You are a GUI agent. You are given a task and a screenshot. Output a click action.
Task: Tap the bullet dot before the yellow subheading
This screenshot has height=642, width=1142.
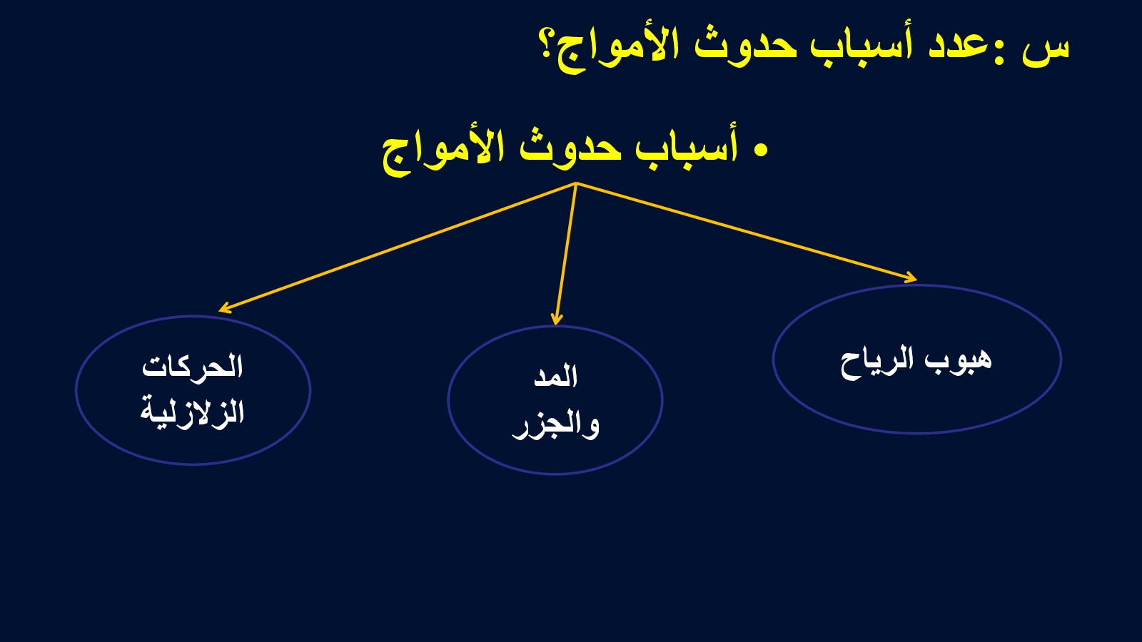[x=761, y=150]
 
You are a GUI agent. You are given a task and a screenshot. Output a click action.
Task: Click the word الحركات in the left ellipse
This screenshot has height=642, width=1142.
[x=192, y=366]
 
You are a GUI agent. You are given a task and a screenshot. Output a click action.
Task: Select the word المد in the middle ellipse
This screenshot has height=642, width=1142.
[x=556, y=377]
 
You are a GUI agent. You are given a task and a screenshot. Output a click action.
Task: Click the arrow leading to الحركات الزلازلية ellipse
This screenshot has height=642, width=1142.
[x=398, y=247]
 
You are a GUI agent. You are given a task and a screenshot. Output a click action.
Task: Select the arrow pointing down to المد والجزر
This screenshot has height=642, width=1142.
[x=567, y=253]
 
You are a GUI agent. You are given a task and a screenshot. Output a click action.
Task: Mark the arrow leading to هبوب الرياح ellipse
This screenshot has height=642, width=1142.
[x=747, y=231]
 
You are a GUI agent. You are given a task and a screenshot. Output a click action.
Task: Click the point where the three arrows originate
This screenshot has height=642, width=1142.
[x=576, y=183]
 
